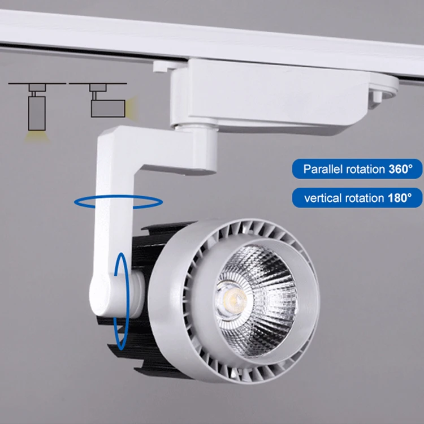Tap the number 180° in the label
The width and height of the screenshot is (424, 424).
403,198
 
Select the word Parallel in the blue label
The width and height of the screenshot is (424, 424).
321,168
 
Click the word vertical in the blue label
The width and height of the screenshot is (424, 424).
321,198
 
